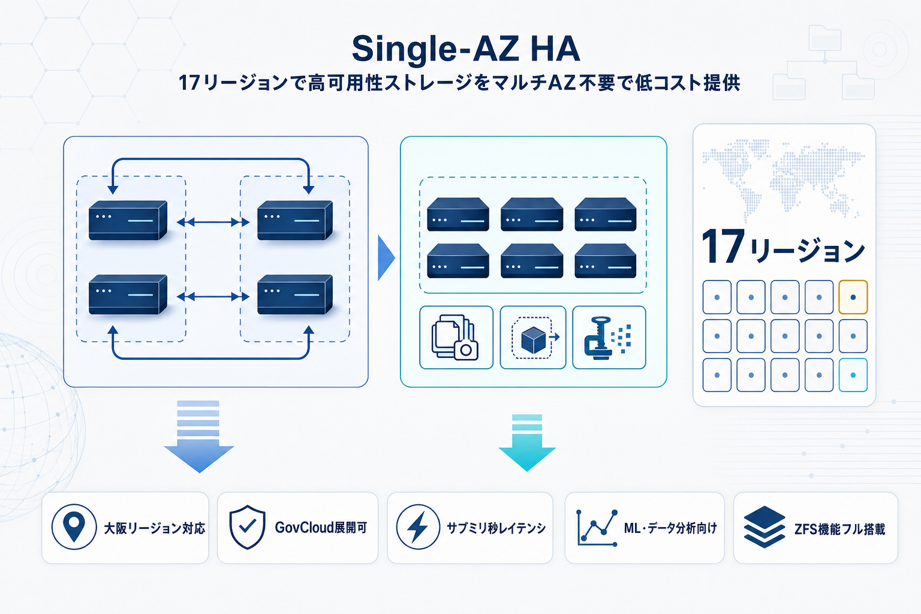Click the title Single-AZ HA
(466, 49)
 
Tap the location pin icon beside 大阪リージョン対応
(74, 527)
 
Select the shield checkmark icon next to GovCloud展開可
(247, 527)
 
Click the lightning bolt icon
(418, 527)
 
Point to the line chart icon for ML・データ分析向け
(597, 528)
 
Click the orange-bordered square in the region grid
(853, 297)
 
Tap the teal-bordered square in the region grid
(853, 375)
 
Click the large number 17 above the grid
(723, 246)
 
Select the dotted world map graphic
(783, 177)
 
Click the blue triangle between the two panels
(386, 258)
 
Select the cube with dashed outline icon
(533, 338)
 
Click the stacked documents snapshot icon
(455, 338)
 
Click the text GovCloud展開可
(321, 528)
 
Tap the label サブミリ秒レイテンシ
(496, 528)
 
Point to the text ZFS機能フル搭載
(839, 529)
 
